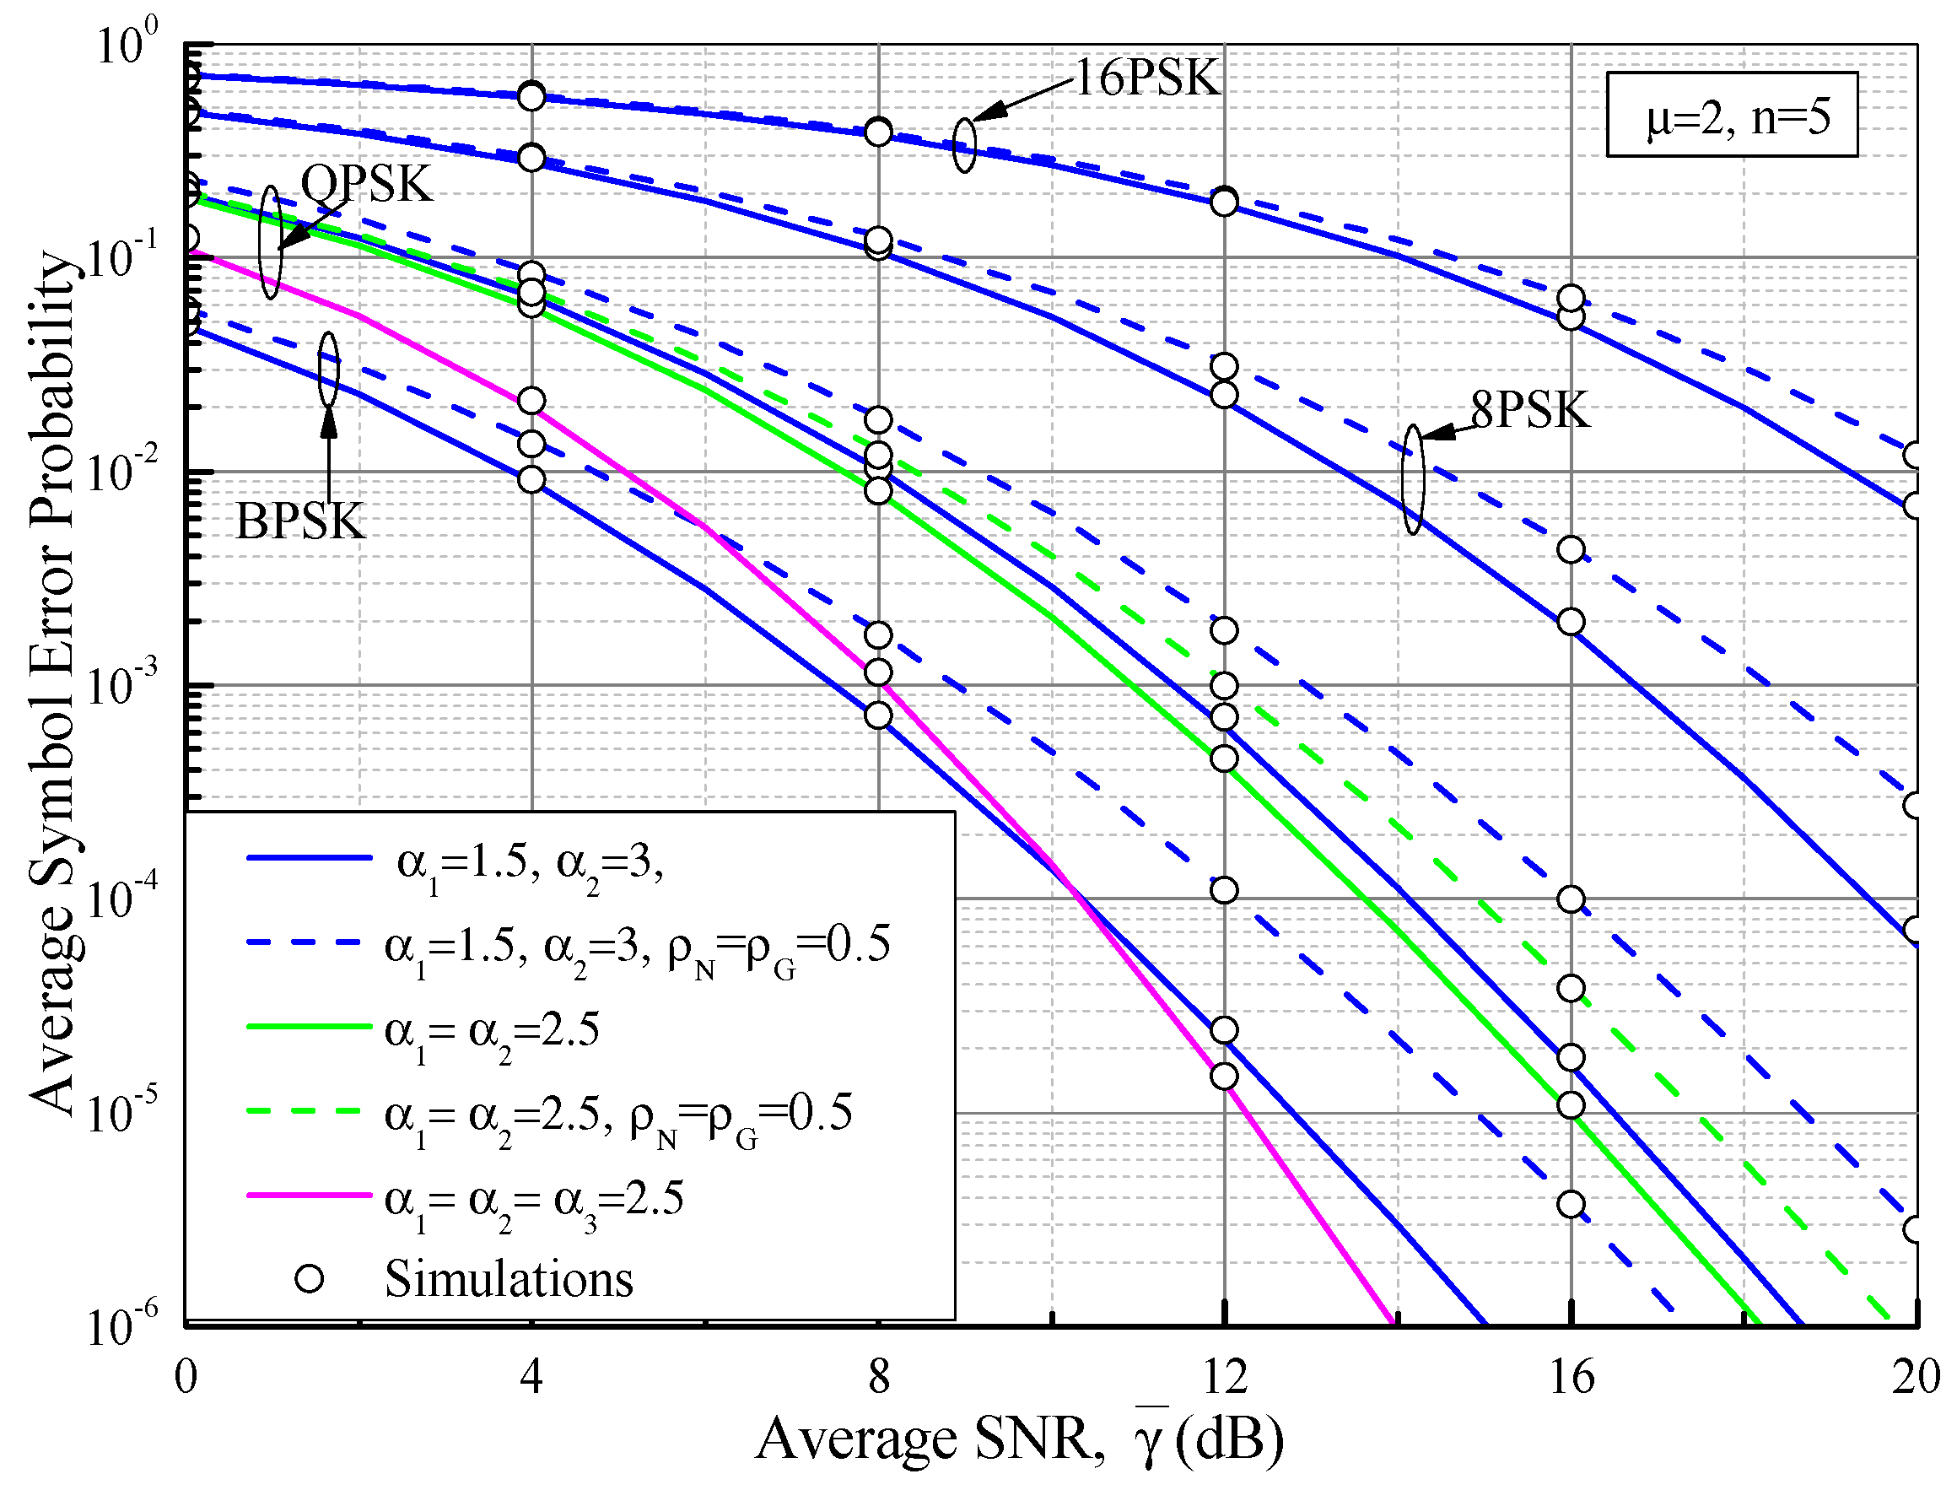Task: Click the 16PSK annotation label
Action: pyautogui.click(x=1146, y=78)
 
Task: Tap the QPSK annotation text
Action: pyautogui.click(x=366, y=185)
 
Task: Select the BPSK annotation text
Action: pyautogui.click(x=299, y=521)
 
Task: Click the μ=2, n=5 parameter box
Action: pyautogui.click(x=1731, y=116)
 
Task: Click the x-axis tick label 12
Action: pyautogui.click(x=1225, y=1377)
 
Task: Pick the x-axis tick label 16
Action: pyautogui.click(x=1571, y=1377)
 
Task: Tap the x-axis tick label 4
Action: pyautogui.click(x=531, y=1377)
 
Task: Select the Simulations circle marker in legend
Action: pyautogui.click(x=310, y=1278)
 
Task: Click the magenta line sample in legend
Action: pyautogui.click(x=309, y=1195)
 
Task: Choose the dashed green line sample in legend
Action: pyautogui.click(x=309, y=1110)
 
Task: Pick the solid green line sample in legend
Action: pyautogui.click(x=309, y=1026)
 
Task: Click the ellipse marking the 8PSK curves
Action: pyautogui.click(x=1413, y=479)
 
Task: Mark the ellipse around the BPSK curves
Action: pyautogui.click(x=329, y=369)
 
